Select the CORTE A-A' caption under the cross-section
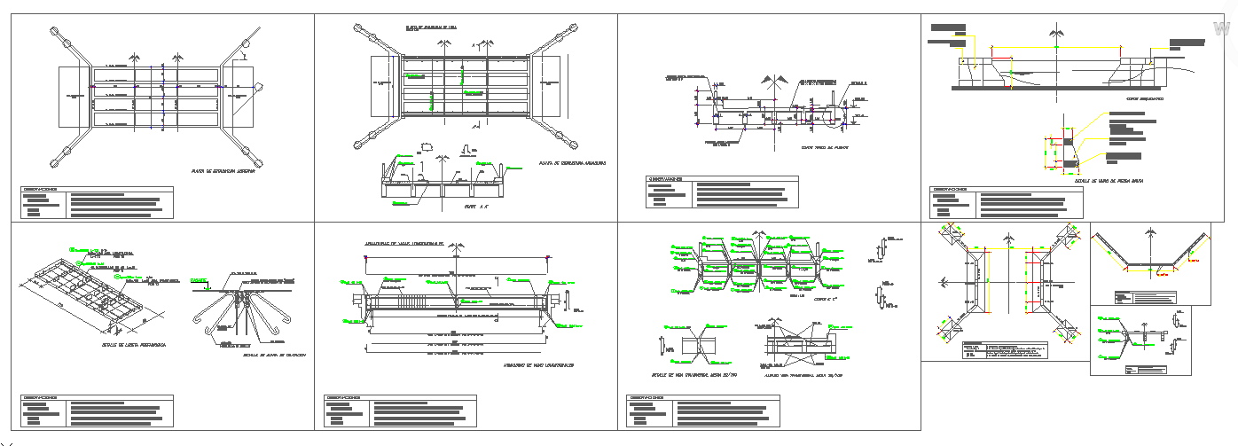(476, 207)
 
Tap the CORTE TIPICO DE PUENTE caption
(824, 147)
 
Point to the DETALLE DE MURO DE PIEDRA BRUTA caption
(1109, 181)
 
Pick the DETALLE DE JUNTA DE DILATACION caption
(274, 355)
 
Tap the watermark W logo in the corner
(1223, 29)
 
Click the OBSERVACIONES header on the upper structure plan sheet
(41, 189)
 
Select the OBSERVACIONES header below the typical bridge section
(666, 179)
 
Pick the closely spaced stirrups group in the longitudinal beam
(426, 302)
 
